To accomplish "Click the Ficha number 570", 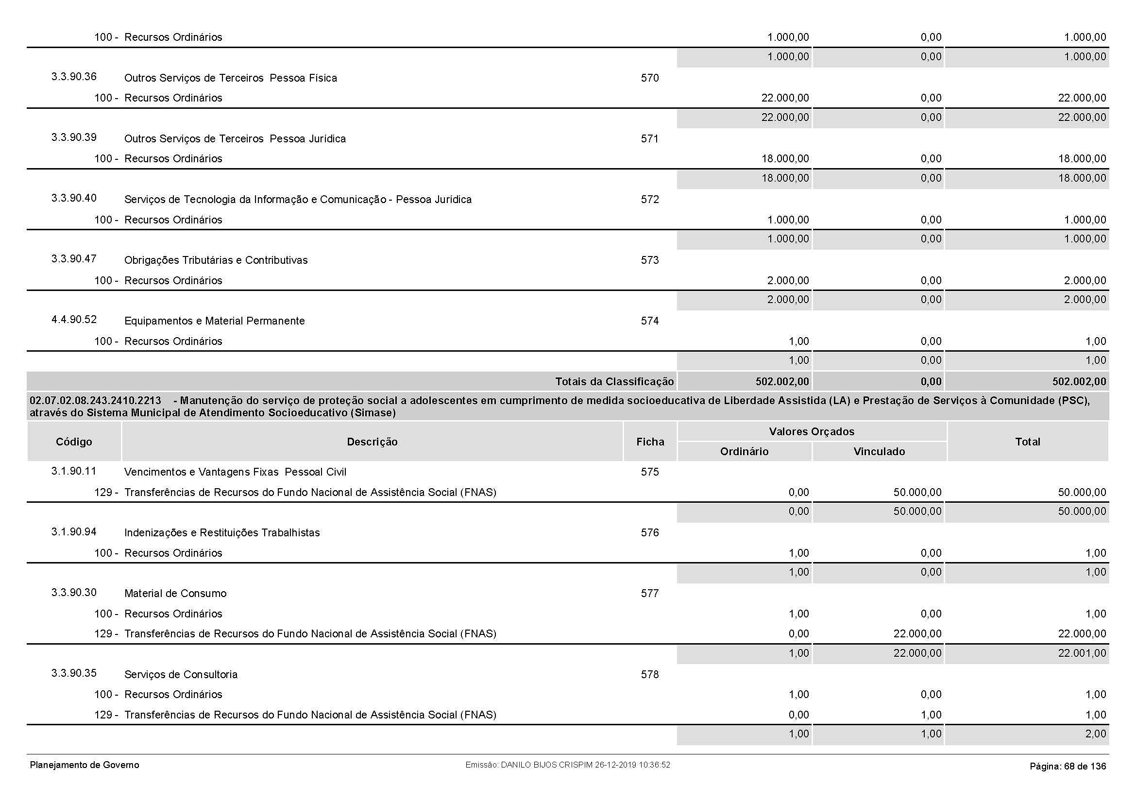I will point(650,78).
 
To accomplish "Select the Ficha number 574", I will point(650,321).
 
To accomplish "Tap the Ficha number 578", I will point(650,675).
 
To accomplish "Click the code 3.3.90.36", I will point(74,77).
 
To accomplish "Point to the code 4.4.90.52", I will point(74,320).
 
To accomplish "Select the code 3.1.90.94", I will point(74,532).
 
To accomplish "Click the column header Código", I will point(74,442).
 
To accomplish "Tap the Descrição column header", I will point(372,442).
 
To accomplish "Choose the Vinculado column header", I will point(879,452).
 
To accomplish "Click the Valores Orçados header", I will point(812,431).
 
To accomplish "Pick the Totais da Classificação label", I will point(614,381).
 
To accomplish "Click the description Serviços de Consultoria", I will point(181,675).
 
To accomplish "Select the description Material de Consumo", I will point(175,594).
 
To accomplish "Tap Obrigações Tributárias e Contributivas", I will point(216,260).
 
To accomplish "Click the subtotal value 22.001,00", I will point(1082,653).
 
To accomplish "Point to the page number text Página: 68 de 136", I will point(1067,767).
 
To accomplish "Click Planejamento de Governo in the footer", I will point(85,766).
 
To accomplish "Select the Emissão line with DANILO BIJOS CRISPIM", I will point(567,765).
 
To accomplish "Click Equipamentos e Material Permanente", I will point(214,321).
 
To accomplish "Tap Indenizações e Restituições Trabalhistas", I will point(221,533).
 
